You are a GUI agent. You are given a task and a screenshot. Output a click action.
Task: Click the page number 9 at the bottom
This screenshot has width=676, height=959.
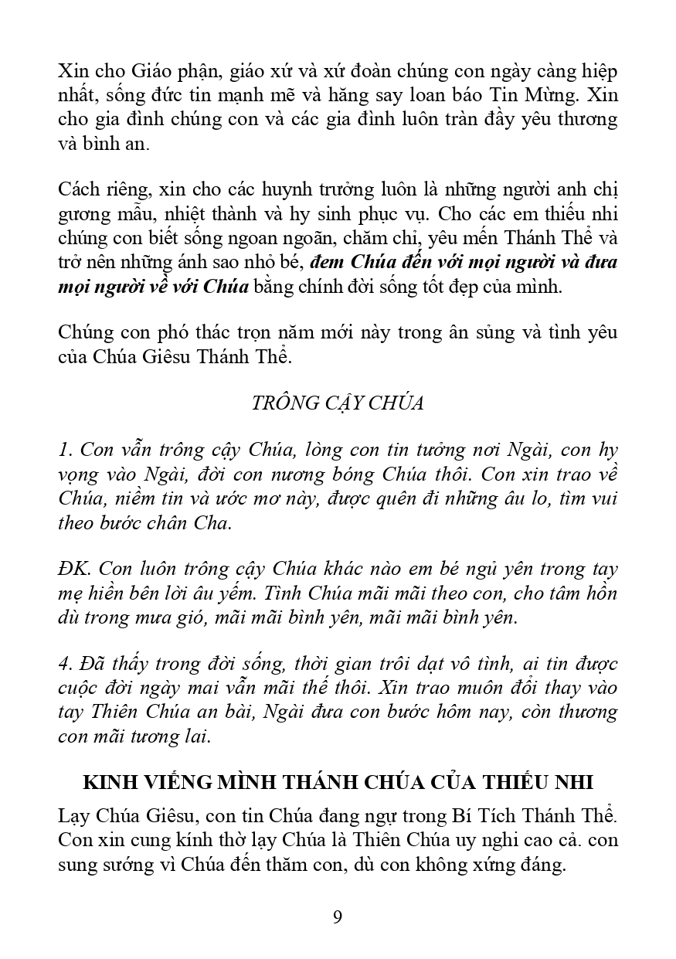pos(338,917)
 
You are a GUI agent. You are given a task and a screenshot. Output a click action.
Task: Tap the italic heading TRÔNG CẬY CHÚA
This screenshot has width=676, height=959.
pos(338,403)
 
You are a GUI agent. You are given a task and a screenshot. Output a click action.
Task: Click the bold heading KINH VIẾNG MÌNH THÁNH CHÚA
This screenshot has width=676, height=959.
pos(338,782)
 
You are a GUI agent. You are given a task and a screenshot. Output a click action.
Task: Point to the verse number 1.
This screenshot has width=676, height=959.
pos(64,449)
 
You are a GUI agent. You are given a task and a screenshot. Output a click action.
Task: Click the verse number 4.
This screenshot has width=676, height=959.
pos(65,664)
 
